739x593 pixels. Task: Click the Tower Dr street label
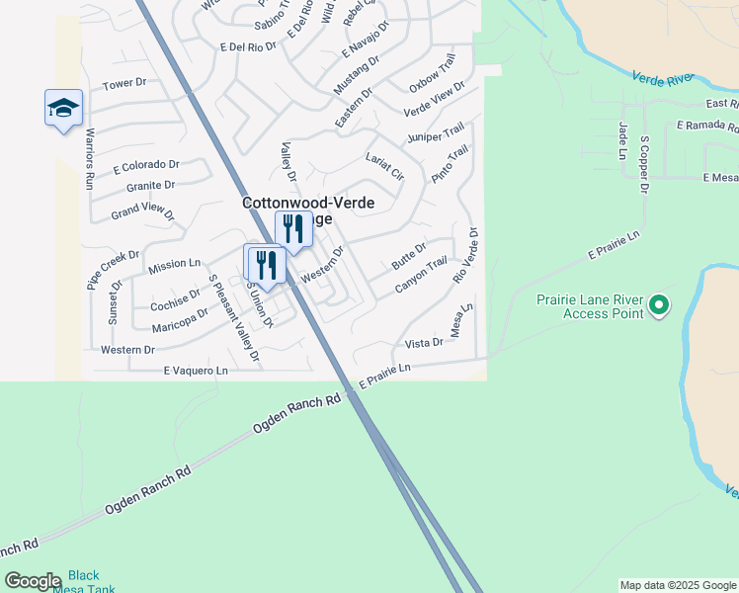[x=123, y=85]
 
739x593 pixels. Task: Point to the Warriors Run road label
[x=89, y=159]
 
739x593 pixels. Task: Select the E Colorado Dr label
[x=146, y=166]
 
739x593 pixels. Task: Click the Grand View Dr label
[x=142, y=212]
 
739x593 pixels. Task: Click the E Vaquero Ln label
[x=195, y=371]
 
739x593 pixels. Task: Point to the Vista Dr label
[x=425, y=343]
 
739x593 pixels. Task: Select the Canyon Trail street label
[x=421, y=274]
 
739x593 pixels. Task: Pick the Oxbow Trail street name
[x=432, y=75]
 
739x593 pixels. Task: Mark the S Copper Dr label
[x=643, y=165]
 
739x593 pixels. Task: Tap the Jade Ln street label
[x=622, y=140]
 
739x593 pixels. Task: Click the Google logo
[x=33, y=581]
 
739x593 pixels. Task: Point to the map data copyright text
[x=677, y=585]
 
